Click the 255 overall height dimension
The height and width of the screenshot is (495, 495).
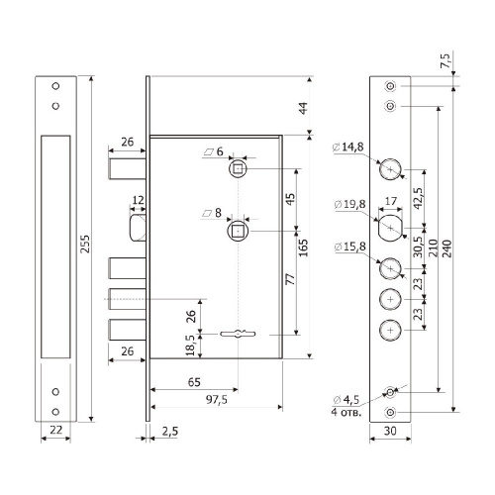coord(85,244)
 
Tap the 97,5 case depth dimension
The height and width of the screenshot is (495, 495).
coord(217,400)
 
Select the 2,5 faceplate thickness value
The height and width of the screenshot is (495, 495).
coord(170,431)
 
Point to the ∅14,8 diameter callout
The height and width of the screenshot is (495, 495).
coord(348,148)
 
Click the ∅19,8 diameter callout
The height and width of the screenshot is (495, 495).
coord(350,205)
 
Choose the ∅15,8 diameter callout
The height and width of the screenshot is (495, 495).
coord(350,247)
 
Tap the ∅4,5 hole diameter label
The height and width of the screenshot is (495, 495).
coord(346,400)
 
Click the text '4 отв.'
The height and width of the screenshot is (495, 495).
coord(346,413)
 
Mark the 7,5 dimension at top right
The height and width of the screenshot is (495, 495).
coord(445,60)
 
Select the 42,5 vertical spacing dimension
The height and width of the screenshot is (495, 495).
coord(418,198)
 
